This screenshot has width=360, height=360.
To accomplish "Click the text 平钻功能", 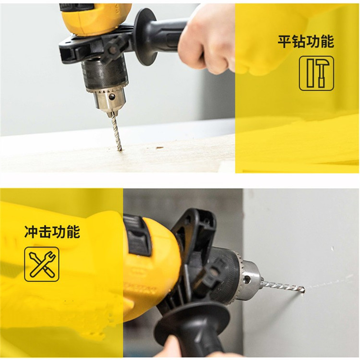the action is tap(306, 42).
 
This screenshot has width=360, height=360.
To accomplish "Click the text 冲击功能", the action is tap(52, 232).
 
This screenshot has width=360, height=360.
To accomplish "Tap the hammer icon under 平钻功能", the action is tap(316, 73).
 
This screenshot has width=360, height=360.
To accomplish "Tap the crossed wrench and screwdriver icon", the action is tap(42, 264).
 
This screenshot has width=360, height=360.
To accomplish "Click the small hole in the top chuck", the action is tap(112, 96).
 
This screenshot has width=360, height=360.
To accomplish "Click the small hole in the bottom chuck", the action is tap(247, 279).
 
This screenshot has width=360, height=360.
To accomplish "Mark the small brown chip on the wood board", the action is tap(159, 147).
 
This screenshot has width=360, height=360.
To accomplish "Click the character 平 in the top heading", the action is tap(285, 42).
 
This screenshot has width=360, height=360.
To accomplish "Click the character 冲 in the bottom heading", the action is tap(31, 232).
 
